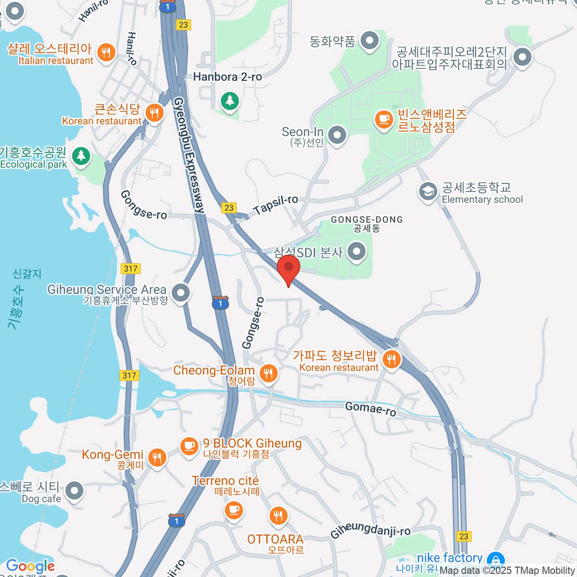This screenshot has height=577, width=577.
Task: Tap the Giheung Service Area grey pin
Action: [181, 292]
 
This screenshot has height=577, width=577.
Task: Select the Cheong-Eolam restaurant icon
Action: [268, 372]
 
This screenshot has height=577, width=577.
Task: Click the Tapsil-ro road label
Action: [276, 205]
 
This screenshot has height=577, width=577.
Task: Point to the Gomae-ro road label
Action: [371, 409]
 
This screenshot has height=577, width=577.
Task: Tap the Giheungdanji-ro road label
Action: [370, 530]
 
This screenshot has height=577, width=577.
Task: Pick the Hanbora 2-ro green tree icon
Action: [230, 101]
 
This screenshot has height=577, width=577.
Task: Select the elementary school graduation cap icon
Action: [427, 191]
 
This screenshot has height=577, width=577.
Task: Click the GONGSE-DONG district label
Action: [367, 223]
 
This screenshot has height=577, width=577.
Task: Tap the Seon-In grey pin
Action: [337, 135]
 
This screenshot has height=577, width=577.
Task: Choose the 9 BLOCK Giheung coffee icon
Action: [189, 446]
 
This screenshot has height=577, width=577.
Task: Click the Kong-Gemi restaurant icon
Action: [157, 457]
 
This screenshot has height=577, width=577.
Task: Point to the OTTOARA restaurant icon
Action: [278, 516]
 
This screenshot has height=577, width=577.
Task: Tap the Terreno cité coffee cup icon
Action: [234, 509]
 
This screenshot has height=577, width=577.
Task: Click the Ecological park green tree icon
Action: [81, 156]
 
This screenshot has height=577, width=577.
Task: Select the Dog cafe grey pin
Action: [74, 491]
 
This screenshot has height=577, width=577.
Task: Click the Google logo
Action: [30, 566]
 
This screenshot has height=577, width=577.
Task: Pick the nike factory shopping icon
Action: [495, 560]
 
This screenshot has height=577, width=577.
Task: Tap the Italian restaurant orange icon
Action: [106, 52]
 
